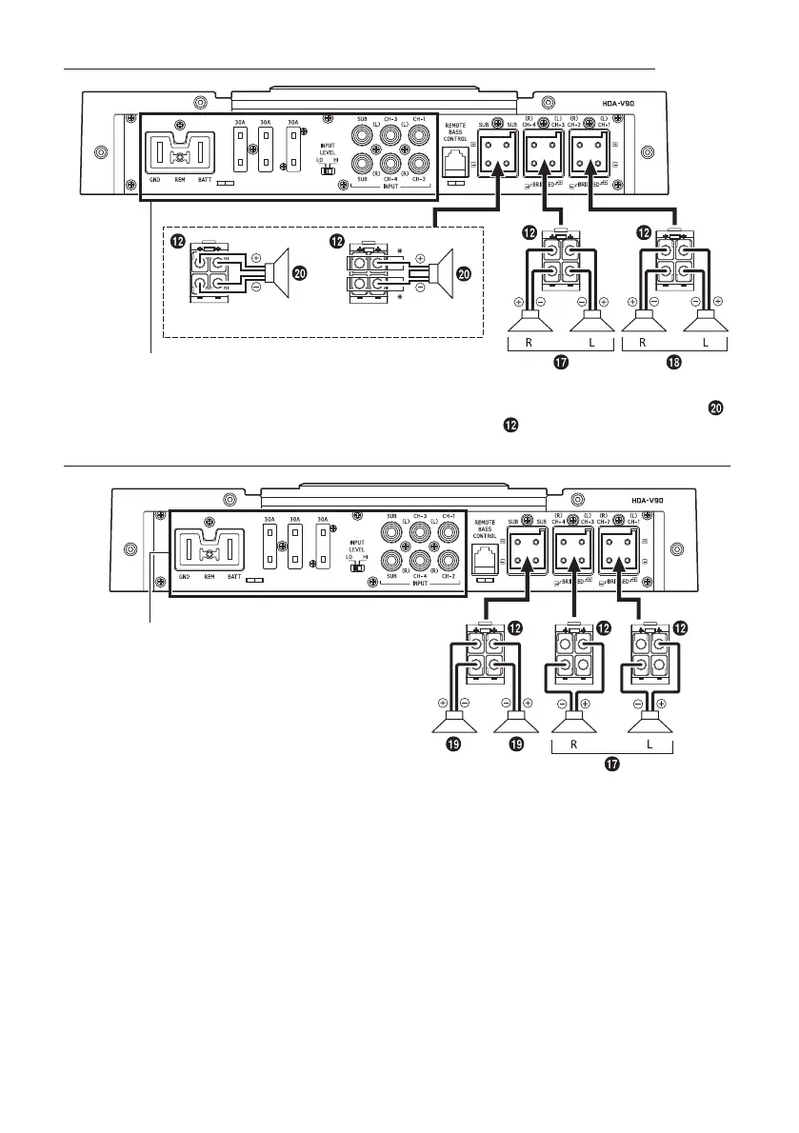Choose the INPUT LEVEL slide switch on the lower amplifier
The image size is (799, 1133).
pos(359,564)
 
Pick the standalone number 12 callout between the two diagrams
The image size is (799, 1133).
pos(510,425)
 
